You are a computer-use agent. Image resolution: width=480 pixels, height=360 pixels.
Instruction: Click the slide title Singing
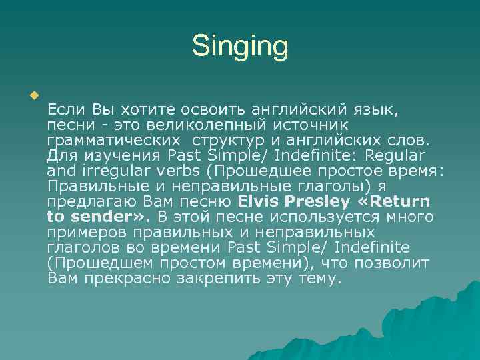point(240,47)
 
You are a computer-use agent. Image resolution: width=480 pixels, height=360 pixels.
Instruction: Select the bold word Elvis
point(260,201)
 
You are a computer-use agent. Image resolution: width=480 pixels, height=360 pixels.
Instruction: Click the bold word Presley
point(319,201)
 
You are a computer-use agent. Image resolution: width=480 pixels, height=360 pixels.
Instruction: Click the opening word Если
point(67,109)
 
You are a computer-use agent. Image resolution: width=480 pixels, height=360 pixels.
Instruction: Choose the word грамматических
point(113,140)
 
